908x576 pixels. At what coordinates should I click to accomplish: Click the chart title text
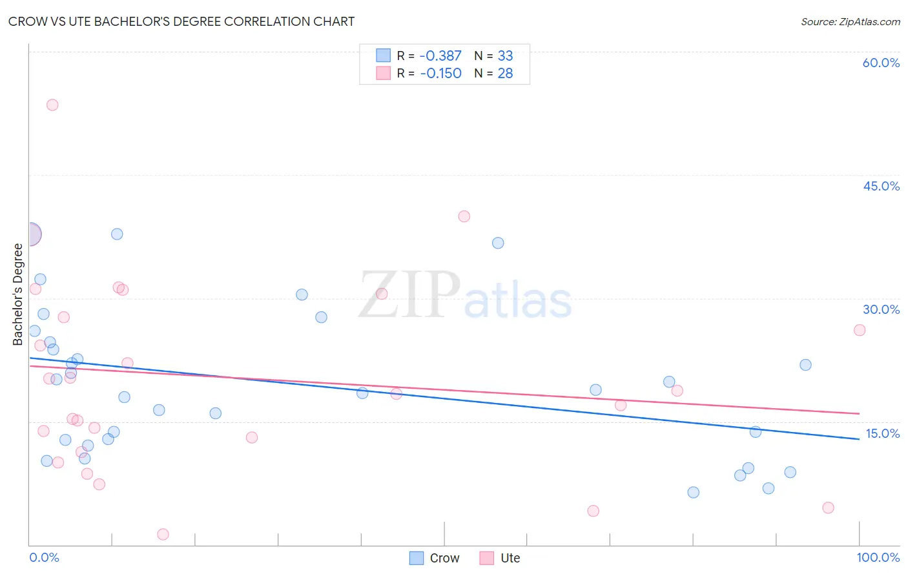pyautogui.click(x=181, y=21)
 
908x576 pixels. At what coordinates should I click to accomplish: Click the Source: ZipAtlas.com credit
pyautogui.click(x=850, y=21)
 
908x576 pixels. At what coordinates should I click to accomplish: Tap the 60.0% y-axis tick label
pyautogui.click(x=881, y=63)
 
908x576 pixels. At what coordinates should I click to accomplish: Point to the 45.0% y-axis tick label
pyautogui.click(x=881, y=186)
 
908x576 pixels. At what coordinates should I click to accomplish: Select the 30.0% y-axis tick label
pyautogui.click(x=881, y=309)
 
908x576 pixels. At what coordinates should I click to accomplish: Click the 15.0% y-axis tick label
pyautogui.click(x=882, y=433)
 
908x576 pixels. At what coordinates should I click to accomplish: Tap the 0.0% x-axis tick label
pyautogui.click(x=44, y=557)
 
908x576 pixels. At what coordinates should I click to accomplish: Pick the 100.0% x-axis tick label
pyautogui.click(x=878, y=557)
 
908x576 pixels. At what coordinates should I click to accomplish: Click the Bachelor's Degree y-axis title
pyautogui.click(x=18, y=294)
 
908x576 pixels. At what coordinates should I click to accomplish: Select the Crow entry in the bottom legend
pyautogui.click(x=435, y=558)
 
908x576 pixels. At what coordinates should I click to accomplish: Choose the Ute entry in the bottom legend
pyautogui.click(x=500, y=558)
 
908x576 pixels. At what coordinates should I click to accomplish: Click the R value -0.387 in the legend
pyautogui.click(x=440, y=56)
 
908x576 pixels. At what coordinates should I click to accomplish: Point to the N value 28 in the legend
pyautogui.click(x=505, y=74)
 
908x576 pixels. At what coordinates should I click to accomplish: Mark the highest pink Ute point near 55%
pyautogui.click(x=52, y=105)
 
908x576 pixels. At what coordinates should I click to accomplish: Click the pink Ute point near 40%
pyautogui.click(x=464, y=216)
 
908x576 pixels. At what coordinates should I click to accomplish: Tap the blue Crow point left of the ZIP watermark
pyautogui.click(x=302, y=294)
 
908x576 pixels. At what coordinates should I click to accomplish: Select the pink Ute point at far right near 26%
pyautogui.click(x=859, y=330)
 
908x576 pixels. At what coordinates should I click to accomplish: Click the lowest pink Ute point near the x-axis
pyautogui.click(x=163, y=534)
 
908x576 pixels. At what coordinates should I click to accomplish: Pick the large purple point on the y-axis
pyautogui.click(x=30, y=234)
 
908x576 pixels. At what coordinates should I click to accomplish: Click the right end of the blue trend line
pyautogui.click(x=858, y=439)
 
